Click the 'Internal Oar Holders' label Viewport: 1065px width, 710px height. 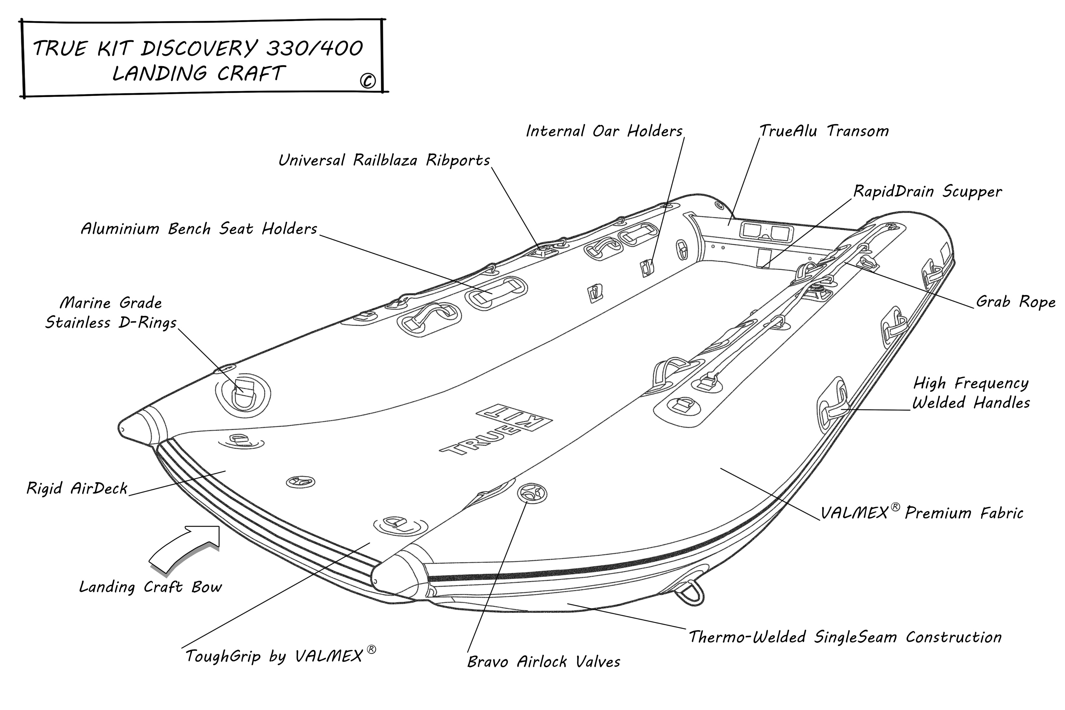604,131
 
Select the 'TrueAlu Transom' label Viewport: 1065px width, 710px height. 824,131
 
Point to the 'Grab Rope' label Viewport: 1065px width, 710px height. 1015,301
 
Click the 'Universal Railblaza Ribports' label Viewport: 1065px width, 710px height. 384,160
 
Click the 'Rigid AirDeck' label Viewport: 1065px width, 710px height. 77,488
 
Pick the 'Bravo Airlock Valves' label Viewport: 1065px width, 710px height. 543,662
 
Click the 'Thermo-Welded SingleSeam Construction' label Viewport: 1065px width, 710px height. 845,637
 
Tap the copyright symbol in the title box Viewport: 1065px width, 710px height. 368,81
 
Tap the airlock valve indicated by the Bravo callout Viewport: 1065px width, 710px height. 532,493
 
